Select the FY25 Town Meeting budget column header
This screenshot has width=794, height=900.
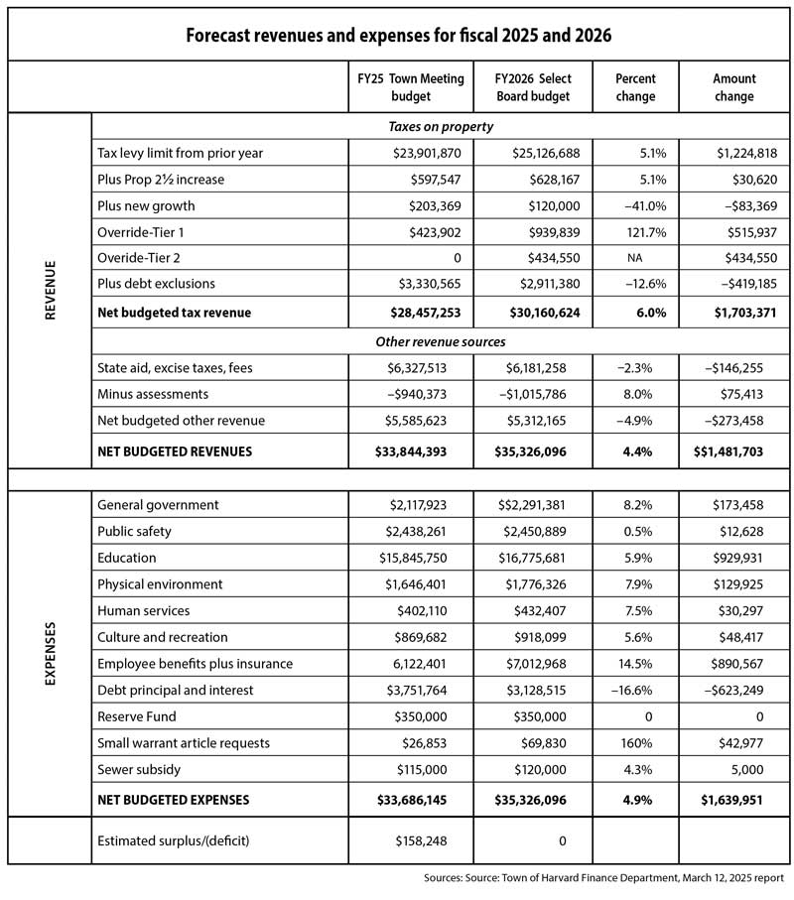pyautogui.click(x=410, y=87)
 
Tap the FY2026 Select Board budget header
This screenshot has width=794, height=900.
pyautogui.click(x=531, y=87)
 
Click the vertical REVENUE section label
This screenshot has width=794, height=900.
pyautogui.click(x=50, y=290)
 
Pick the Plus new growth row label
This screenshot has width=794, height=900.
pyautogui.click(x=146, y=205)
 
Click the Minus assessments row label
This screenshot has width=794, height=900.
pyautogui.click(x=153, y=394)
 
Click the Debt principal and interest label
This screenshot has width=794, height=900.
pyautogui.click(x=176, y=690)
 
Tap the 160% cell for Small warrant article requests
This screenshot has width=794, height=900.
pyautogui.click(x=635, y=742)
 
